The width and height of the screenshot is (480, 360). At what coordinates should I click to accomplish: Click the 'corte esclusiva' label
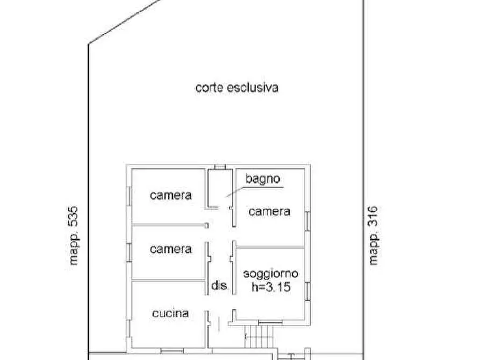[x=237, y=87]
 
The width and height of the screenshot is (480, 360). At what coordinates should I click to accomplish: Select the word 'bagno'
[x=262, y=179]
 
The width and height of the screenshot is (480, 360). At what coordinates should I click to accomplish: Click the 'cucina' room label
[x=170, y=313]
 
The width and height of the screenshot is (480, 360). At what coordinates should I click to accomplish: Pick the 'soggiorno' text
[x=271, y=273]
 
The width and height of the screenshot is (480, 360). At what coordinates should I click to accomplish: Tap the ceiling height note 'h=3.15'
[x=271, y=287]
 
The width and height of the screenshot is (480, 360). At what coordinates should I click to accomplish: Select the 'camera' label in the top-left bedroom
[x=170, y=195]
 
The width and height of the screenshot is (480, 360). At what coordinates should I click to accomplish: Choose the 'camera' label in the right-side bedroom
[x=269, y=212]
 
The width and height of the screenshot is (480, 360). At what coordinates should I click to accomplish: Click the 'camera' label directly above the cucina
[x=170, y=249]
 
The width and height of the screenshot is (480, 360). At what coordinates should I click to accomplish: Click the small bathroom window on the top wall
[x=220, y=167]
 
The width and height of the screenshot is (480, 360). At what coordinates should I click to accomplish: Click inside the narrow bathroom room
[x=218, y=188]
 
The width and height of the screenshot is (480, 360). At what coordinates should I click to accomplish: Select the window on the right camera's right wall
[x=307, y=221]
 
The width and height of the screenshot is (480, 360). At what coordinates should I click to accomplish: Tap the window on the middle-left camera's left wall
[x=129, y=251]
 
